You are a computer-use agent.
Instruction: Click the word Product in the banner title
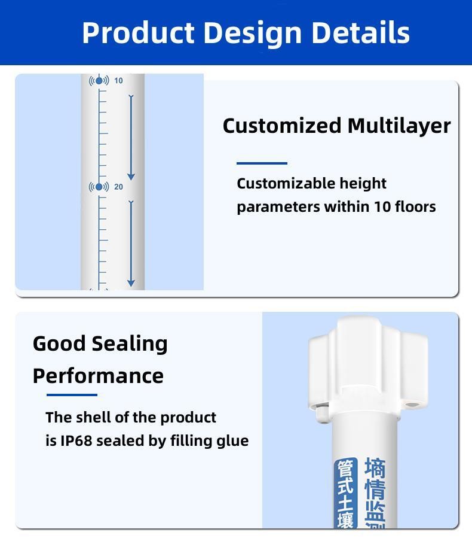click(x=138, y=32)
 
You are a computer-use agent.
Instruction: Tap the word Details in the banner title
click(x=360, y=32)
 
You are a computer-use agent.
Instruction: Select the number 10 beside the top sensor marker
click(x=118, y=81)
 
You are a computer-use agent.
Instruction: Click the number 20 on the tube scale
click(x=118, y=187)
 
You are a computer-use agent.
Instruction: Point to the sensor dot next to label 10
click(x=99, y=81)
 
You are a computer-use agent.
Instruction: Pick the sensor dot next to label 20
click(x=99, y=187)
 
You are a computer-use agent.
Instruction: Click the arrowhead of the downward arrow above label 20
click(x=131, y=177)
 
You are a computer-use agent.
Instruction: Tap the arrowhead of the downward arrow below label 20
click(x=131, y=283)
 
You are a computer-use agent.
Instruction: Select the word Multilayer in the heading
click(x=399, y=126)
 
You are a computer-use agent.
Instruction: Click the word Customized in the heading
click(x=282, y=126)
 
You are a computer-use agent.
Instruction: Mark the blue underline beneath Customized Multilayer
click(x=262, y=163)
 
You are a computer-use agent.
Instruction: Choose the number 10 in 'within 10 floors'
click(x=382, y=206)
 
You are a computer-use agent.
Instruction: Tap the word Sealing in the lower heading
click(x=130, y=345)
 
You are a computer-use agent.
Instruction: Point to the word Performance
click(x=98, y=376)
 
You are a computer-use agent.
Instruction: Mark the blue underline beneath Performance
click(x=72, y=395)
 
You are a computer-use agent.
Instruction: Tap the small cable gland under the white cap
click(x=323, y=412)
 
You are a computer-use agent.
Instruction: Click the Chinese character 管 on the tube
click(x=345, y=469)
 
